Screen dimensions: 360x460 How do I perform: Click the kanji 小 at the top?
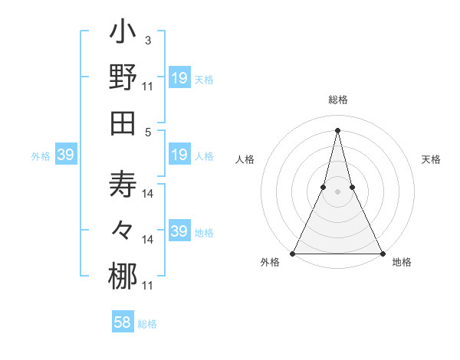[x=123, y=34]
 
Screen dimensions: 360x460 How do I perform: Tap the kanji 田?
[x=123, y=122]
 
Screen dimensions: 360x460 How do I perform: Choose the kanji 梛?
[x=123, y=276]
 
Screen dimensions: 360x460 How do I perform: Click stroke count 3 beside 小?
[x=147, y=40]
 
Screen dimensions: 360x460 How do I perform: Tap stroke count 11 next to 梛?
[x=147, y=286]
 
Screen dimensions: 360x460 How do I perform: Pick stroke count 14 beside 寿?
[x=148, y=194]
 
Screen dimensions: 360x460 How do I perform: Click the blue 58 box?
[x=123, y=323]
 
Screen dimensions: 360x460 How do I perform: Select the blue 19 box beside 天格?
[x=179, y=78]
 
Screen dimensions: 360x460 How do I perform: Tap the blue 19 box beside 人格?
[x=179, y=155]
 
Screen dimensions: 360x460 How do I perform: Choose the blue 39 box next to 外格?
[x=65, y=155]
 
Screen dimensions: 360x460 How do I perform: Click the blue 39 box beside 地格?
[x=179, y=231]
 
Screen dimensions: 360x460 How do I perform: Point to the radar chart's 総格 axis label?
[x=337, y=100]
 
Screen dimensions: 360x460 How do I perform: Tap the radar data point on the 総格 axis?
[x=337, y=129]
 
